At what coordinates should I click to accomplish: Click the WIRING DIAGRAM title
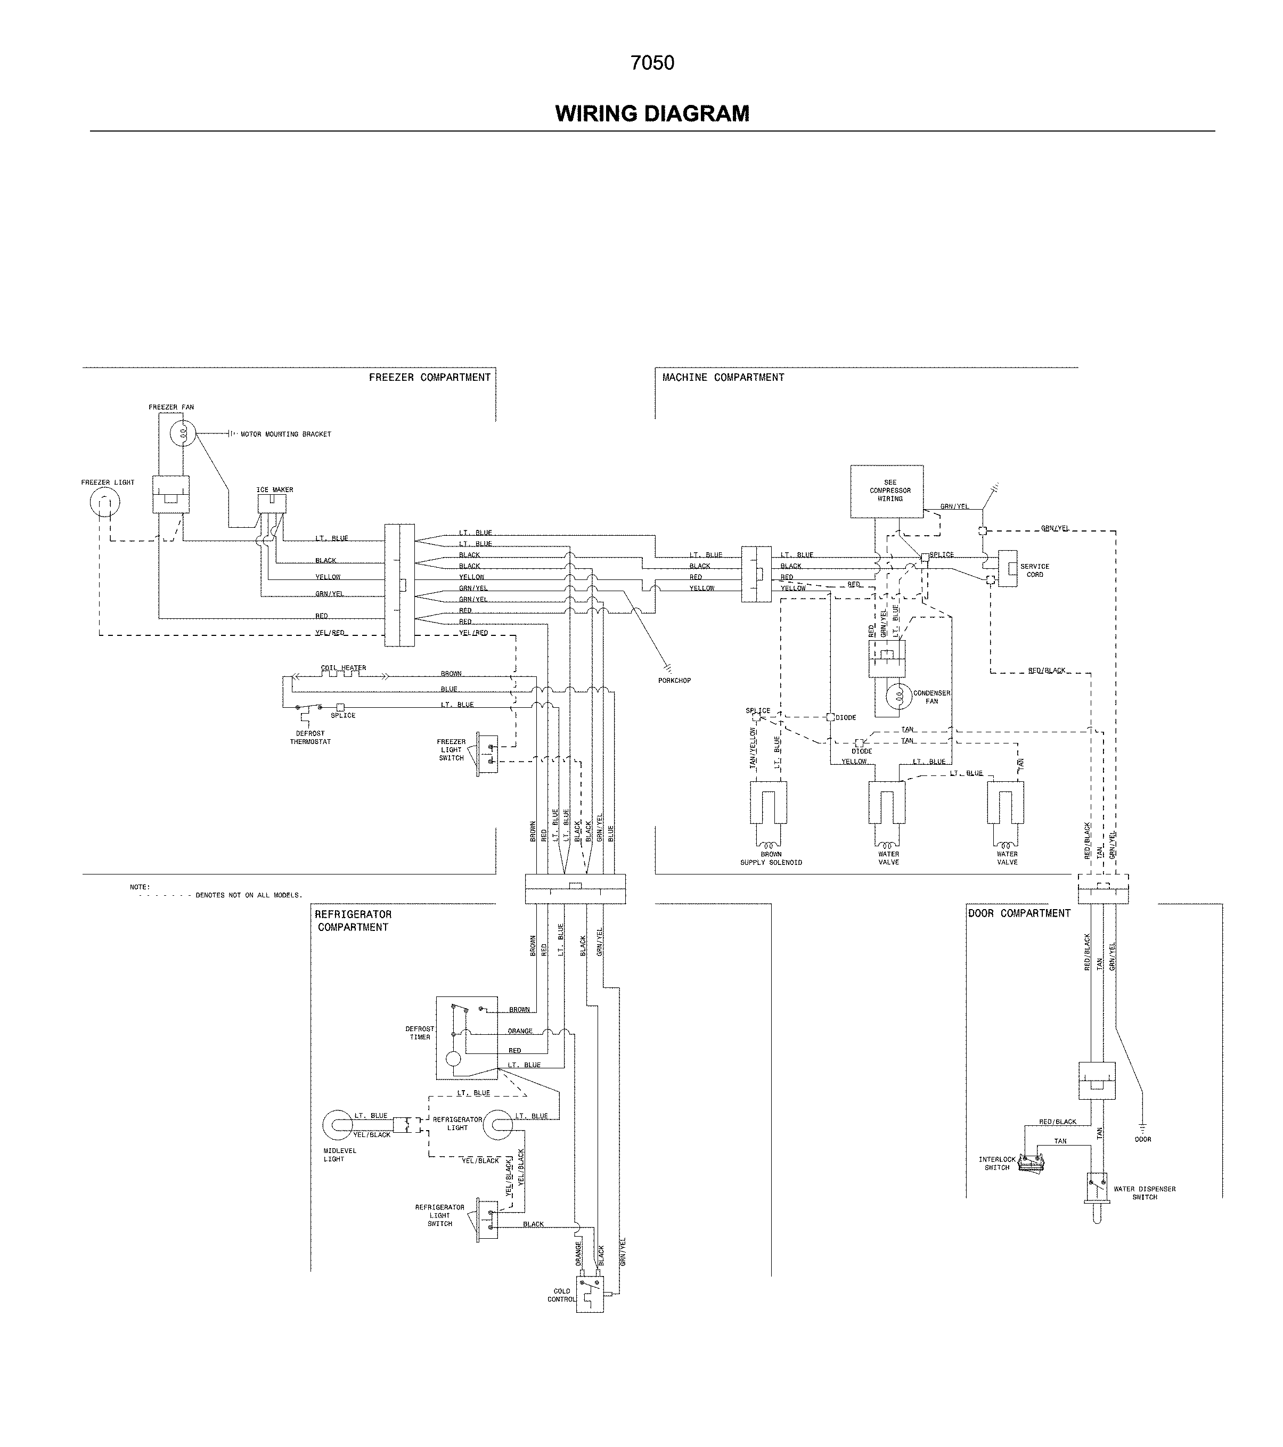click(652, 113)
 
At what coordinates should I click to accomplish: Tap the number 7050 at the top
click(652, 63)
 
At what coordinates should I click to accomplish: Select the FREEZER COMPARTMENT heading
click(429, 377)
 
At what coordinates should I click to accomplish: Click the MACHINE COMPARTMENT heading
click(723, 377)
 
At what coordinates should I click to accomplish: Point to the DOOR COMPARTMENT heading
click(1019, 913)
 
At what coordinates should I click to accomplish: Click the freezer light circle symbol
click(105, 503)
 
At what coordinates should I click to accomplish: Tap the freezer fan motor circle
click(183, 432)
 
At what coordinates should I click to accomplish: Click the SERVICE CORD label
click(1034, 570)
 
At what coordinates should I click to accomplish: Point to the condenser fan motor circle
click(898, 697)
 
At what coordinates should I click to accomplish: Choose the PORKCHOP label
click(674, 680)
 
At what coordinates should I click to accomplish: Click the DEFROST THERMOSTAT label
click(310, 738)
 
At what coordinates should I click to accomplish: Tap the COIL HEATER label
click(344, 667)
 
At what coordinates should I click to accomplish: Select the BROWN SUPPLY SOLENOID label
click(771, 858)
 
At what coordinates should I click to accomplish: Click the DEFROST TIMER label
click(420, 1033)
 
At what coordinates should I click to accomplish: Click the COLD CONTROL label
click(561, 1295)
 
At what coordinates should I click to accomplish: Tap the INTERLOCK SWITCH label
click(997, 1163)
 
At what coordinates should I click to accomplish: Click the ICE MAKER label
click(275, 490)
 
